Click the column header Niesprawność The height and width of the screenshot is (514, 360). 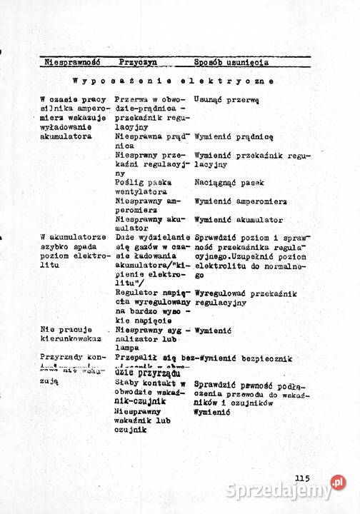pos(72,63)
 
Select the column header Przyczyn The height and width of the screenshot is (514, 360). pos(139,63)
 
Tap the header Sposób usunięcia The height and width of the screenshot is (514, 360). pos(231,63)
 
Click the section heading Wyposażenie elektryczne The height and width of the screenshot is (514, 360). pos(173,81)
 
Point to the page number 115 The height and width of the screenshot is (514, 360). pos(301,479)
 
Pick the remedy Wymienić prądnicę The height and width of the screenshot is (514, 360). pos(234,136)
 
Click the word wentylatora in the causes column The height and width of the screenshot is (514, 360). pos(141,192)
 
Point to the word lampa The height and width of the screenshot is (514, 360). pos(129,348)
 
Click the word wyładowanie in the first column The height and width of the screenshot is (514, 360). pos(66,127)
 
